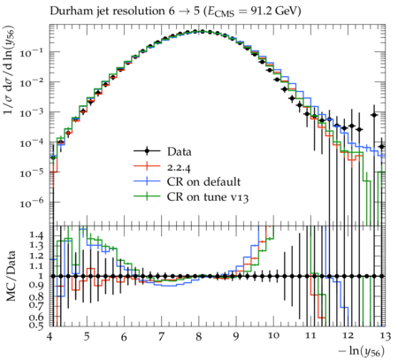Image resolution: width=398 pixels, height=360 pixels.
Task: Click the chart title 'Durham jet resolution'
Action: click(107, 11)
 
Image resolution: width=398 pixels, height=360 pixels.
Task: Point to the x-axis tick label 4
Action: click(50, 336)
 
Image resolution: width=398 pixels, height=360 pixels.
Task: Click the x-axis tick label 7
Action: click(161, 336)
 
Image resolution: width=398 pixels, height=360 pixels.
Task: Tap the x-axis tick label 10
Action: click(273, 336)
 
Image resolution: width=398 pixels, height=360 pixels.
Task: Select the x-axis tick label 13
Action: click(385, 336)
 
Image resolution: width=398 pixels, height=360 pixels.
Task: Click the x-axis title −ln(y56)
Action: click(362, 351)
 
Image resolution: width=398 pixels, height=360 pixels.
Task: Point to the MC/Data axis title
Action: click(11, 276)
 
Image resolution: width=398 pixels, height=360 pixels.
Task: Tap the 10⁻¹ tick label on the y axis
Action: click(32, 52)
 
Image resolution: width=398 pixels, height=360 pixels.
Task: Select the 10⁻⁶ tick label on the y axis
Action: click(32, 203)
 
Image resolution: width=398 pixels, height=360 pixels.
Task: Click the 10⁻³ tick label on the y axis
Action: click(32, 112)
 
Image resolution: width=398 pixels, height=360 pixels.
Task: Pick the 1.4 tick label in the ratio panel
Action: click(36, 235)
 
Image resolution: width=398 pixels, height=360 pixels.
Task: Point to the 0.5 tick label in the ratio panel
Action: click(36, 326)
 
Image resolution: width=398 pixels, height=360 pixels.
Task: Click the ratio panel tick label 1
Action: click(41, 276)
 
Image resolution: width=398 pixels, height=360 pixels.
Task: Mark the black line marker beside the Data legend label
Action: click(147, 151)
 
